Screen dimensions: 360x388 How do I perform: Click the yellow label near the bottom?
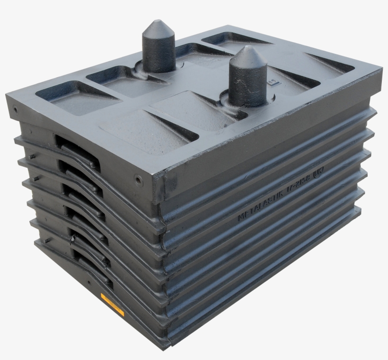(x=112, y=304)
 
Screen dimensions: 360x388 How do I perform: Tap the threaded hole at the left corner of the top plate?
(x=16, y=109)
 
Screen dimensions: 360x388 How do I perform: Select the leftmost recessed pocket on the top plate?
(x=76, y=98)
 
